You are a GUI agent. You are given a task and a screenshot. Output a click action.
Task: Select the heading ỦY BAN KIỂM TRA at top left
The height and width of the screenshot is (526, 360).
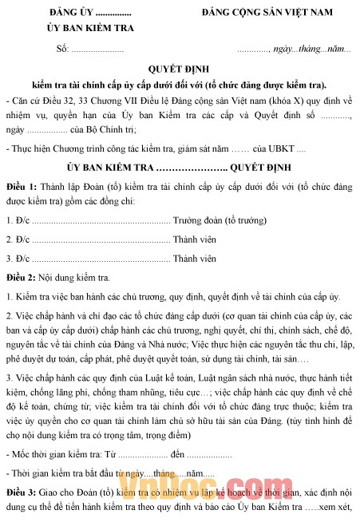pyautogui.click(x=90, y=29)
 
